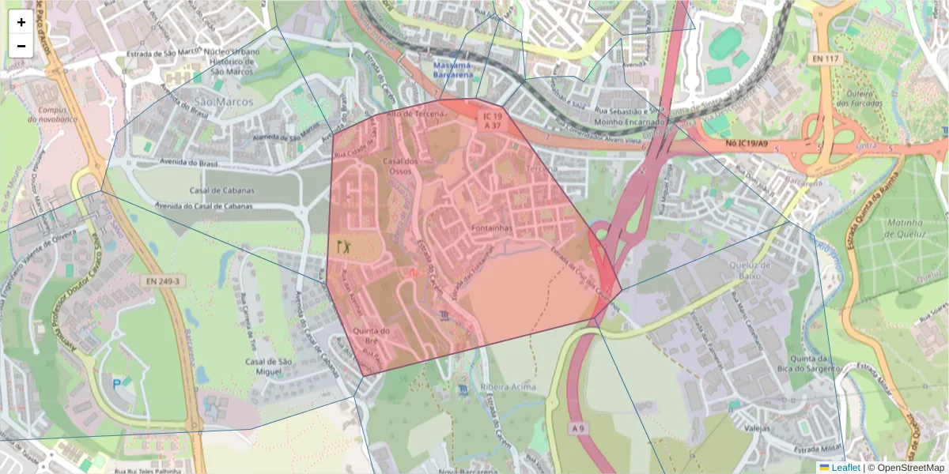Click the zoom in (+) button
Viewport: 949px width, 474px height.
pyautogui.click(x=21, y=22)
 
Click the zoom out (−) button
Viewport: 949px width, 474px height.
pyautogui.click(x=21, y=46)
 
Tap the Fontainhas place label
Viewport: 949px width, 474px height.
pyautogui.click(x=491, y=228)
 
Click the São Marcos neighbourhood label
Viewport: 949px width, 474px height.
pyautogui.click(x=224, y=102)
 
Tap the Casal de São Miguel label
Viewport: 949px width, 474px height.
pyautogui.click(x=270, y=367)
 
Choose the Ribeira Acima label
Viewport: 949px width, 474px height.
pyautogui.click(x=508, y=387)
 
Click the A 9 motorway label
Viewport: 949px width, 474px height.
pyautogui.click(x=579, y=428)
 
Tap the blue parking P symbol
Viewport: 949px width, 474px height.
pyautogui.click(x=118, y=384)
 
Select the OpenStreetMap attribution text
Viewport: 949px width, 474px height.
pyautogui.click(x=910, y=467)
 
